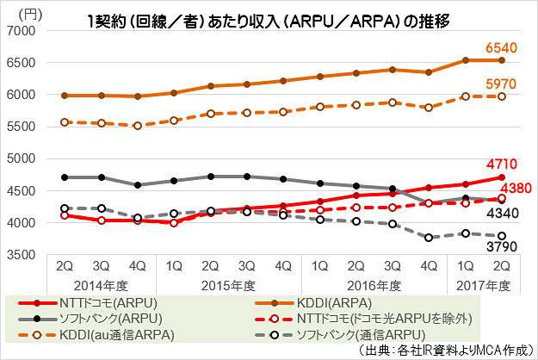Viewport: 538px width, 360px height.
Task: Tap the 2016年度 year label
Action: pyautogui.click(x=368, y=284)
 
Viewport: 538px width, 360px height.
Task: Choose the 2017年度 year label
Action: pyautogui.click(x=482, y=284)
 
